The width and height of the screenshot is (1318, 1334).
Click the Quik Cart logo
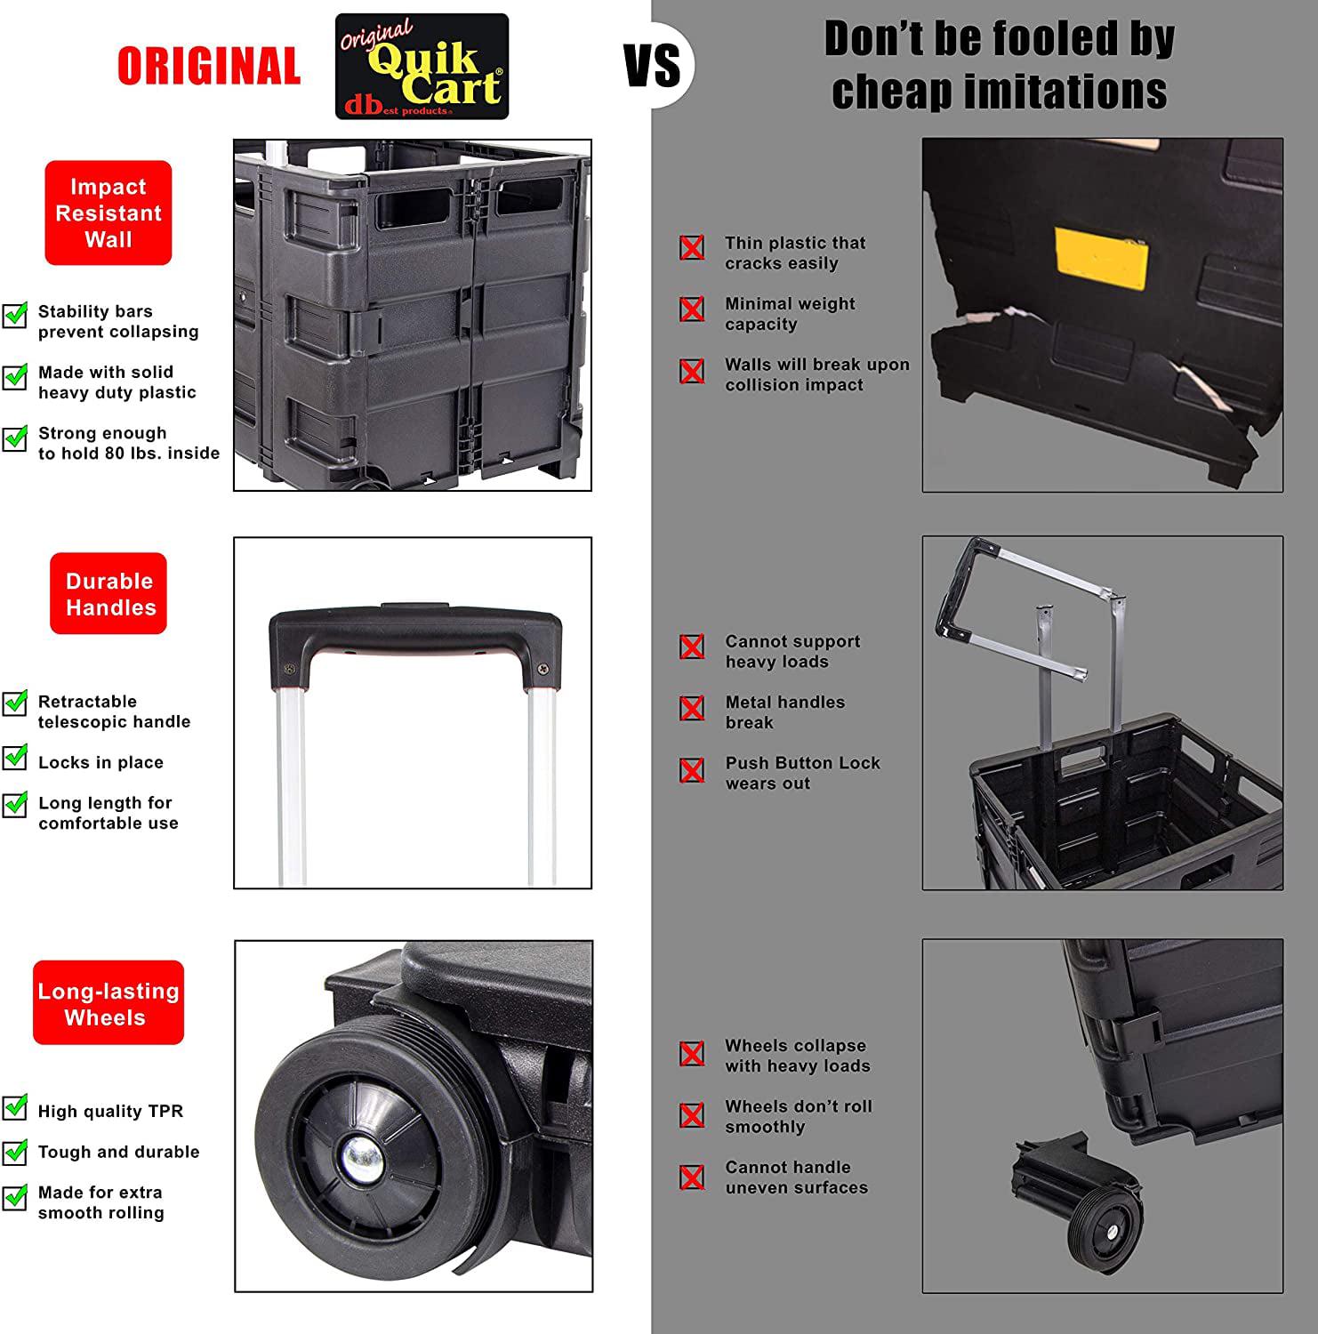tap(422, 67)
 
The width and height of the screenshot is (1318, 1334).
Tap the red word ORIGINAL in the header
tap(209, 67)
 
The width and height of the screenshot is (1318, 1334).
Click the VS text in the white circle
tap(653, 66)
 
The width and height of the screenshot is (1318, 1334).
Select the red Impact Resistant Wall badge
tap(108, 213)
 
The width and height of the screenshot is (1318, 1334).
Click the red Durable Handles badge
tap(108, 593)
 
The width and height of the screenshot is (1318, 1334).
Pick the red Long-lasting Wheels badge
tap(108, 1002)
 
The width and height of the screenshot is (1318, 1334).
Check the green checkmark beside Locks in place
tap(15, 759)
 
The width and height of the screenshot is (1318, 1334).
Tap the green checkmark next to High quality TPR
tap(15, 1107)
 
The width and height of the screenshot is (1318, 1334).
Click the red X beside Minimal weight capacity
tap(692, 309)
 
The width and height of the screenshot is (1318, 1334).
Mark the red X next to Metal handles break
tap(692, 708)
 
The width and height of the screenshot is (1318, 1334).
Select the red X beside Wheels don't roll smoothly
tap(692, 1114)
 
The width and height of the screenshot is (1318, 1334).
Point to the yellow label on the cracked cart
tap(1101, 258)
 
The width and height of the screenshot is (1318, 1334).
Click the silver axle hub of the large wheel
tap(361, 1158)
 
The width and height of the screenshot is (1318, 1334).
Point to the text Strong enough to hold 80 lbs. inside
tap(129, 443)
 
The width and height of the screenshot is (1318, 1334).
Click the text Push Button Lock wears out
tap(802, 773)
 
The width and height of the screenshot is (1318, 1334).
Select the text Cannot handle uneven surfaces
tap(796, 1177)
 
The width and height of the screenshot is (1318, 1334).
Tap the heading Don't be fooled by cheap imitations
tap(1000, 65)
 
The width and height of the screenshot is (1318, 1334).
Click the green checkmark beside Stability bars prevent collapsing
tap(15, 315)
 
